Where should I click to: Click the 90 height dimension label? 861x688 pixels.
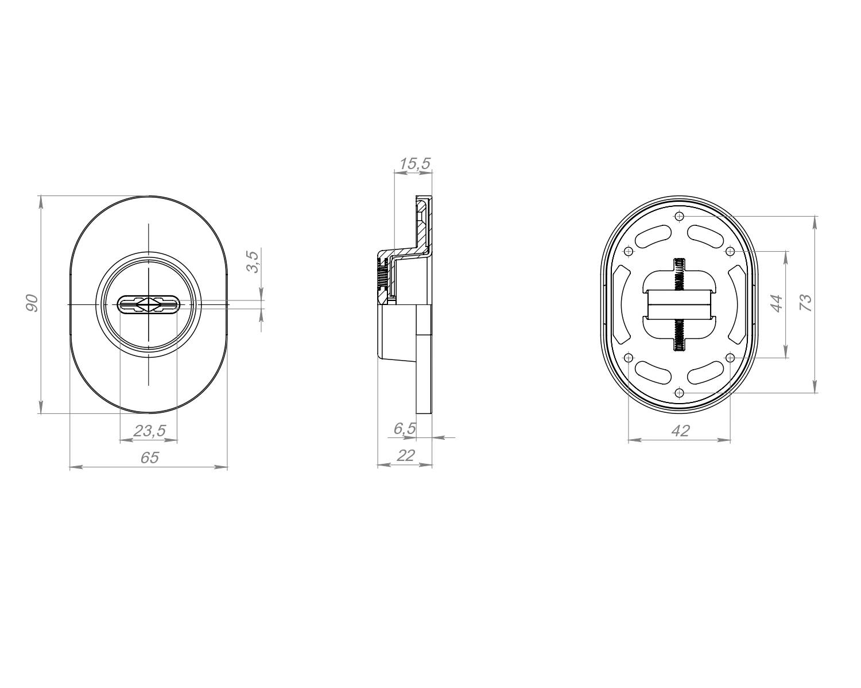coord(32,303)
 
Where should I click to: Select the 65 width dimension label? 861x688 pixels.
coord(150,458)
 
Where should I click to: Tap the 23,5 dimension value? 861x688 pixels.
coord(150,431)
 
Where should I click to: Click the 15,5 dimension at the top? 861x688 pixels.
coord(415,163)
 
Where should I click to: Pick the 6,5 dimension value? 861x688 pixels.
coord(405,428)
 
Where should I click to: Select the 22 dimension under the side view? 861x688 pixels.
coord(405,455)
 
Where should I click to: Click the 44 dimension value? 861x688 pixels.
coord(777,303)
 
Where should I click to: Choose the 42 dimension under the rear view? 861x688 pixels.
coord(681,431)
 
